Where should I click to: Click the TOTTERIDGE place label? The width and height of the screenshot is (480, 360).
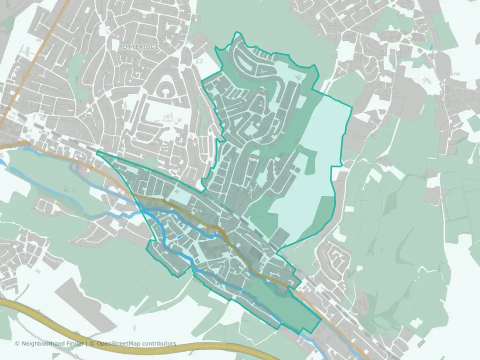coord(139,46)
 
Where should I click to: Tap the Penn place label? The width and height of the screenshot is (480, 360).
coord(453,73)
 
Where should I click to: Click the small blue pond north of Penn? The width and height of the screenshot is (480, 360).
coord(431,47)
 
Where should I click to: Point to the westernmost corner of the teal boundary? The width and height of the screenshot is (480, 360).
coord(96,151)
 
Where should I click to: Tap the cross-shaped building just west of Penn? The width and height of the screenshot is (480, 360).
coord(426,80)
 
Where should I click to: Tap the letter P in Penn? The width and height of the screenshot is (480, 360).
coord(449,73)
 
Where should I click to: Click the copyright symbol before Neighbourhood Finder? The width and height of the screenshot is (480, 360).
coord(17,343)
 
